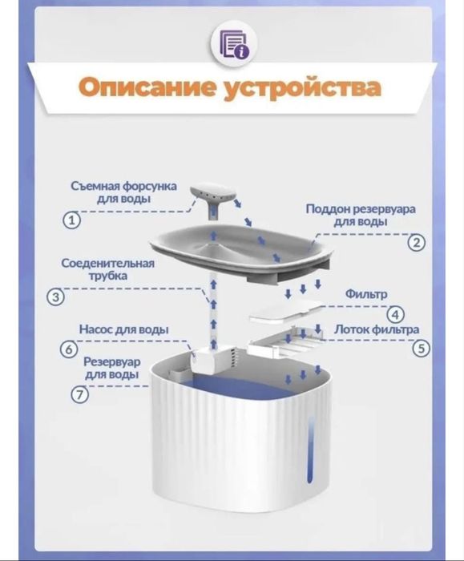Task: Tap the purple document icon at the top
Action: click(x=232, y=42)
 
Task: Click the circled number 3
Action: click(x=56, y=298)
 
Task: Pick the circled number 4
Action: click(x=397, y=315)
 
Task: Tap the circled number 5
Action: click(x=420, y=349)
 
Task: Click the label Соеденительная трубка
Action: click(x=108, y=269)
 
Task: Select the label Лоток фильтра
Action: click(x=377, y=329)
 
